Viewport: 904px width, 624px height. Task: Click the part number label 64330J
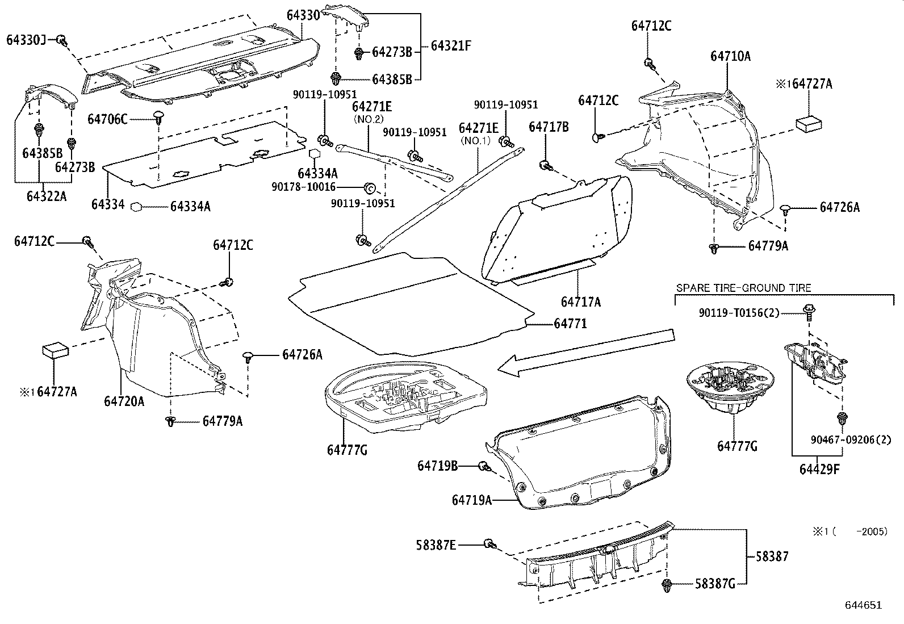(26, 40)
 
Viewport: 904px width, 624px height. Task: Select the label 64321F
(451, 45)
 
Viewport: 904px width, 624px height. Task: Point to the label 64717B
(548, 127)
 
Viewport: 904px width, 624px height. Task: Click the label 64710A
(730, 56)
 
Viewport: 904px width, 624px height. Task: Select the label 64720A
(124, 401)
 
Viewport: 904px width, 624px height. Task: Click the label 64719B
(437, 466)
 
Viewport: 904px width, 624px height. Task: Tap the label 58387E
(436, 545)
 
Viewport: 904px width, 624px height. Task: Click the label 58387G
(715, 584)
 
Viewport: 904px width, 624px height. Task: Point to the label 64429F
(819, 469)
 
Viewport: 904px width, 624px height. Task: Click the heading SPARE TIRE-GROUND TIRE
(743, 288)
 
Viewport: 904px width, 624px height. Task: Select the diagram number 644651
(863, 605)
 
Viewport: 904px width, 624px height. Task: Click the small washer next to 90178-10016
(367, 187)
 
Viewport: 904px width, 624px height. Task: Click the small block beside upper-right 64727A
(808, 123)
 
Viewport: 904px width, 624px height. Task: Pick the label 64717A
(580, 302)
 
